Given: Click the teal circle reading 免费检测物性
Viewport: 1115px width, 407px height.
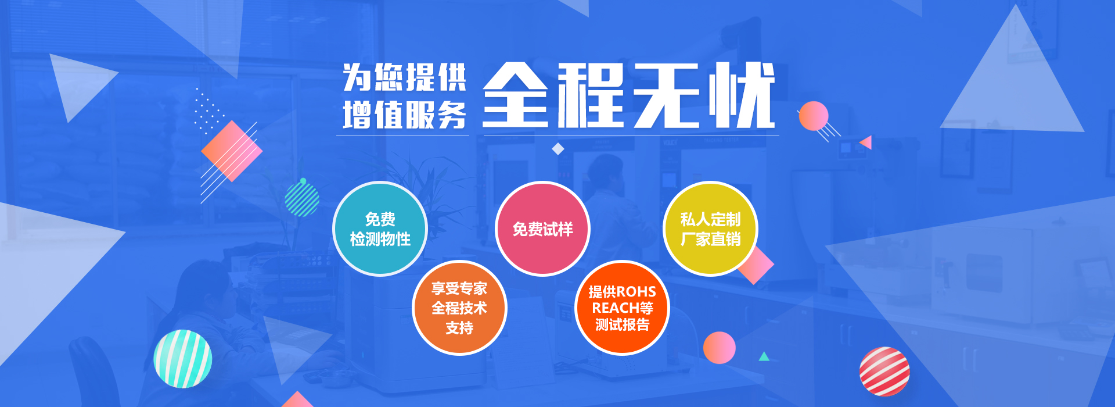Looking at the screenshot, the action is click(380, 229).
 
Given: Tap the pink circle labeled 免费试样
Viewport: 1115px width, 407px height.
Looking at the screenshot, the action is click(542, 229).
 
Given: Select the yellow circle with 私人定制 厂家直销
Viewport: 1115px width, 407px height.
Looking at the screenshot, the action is click(710, 229).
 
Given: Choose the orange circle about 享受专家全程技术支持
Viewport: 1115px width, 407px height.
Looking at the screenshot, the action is click(459, 308).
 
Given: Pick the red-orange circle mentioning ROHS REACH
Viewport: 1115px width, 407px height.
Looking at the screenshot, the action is click(622, 308).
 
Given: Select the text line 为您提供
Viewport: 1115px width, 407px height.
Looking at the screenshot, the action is click(405, 77).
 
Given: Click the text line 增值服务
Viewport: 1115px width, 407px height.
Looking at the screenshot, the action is click(405, 115).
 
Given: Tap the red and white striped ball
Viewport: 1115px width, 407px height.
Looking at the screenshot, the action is click(884, 372).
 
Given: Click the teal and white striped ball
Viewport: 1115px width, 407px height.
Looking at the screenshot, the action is click(183, 359).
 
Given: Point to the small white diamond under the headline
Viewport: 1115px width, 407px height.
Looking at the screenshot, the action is click(558, 149).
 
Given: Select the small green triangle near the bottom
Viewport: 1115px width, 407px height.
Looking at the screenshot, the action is click(764, 356).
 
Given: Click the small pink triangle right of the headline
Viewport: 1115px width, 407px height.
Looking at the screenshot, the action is click(866, 142).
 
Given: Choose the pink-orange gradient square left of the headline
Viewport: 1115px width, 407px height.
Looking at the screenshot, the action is click(232, 151).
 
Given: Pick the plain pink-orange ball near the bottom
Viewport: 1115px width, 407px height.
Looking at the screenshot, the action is click(720, 348).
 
